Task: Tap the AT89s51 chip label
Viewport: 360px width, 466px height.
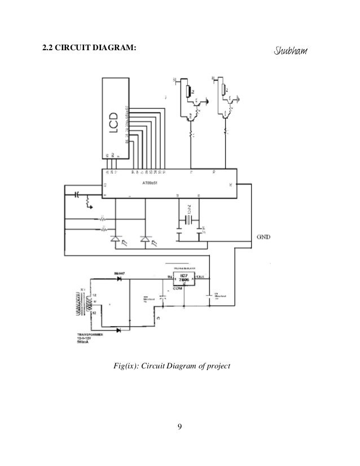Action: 151,183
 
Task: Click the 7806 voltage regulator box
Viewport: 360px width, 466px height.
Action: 182,279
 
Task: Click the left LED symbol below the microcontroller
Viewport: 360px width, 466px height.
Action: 116,240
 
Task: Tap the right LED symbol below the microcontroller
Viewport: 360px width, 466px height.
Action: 146,240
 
